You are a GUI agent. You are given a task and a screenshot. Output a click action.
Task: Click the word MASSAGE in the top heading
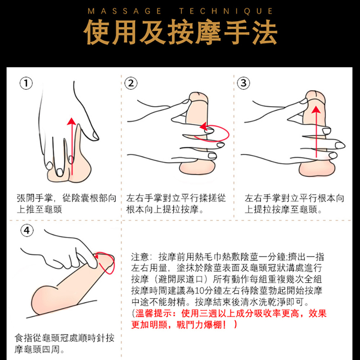click(125, 11)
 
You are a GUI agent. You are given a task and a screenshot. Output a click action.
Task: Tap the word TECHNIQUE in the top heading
click(226, 11)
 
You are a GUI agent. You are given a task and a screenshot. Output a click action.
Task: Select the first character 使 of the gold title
click(97, 32)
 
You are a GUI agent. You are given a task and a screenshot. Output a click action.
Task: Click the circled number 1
click(26, 83)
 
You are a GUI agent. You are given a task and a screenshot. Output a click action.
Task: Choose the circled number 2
click(131, 83)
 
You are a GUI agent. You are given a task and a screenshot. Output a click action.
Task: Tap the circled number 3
click(243, 83)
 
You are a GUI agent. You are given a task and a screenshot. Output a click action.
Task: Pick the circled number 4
click(27, 230)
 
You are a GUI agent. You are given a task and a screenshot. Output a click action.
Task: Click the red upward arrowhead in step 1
click(72, 121)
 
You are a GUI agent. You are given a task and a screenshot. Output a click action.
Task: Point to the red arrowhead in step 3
click(316, 109)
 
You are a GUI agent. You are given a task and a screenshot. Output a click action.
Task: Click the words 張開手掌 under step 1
click(35, 198)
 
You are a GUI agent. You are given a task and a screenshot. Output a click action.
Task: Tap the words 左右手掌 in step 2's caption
click(144, 198)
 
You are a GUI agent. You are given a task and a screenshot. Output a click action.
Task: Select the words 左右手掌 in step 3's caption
click(262, 198)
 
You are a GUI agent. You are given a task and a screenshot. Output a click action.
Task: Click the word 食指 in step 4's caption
click(24, 338)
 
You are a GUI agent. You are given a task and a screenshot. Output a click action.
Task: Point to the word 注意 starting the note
click(140, 257)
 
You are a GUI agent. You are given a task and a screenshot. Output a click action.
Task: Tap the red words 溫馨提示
click(154, 313)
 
